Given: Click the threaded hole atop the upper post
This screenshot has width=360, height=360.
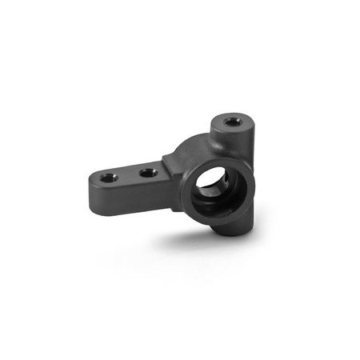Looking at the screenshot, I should (234, 122).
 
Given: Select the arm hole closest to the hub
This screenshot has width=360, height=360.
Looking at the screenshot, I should (146, 170).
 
